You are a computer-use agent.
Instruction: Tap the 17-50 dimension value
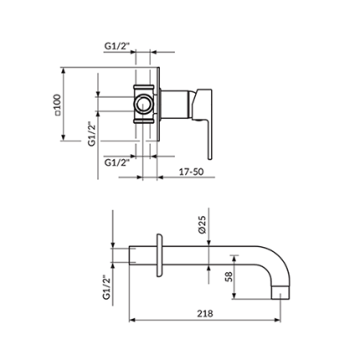[192, 171]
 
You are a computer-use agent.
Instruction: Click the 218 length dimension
[203, 312]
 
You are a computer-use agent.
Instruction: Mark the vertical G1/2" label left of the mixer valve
[91, 133]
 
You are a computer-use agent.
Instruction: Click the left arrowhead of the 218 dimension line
[131, 320]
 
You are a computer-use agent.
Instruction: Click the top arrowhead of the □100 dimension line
[65, 69]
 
